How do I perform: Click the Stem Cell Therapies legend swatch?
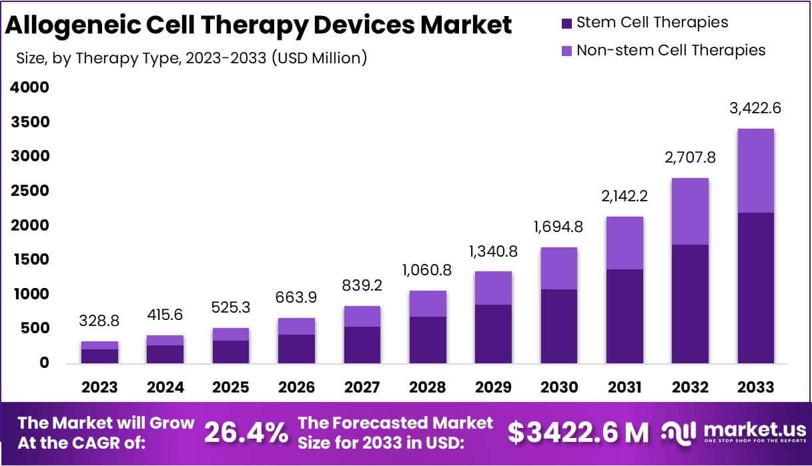pyautogui.click(x=566, y=23)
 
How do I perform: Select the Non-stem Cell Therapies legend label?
pyautogui.click(x=671, y=50)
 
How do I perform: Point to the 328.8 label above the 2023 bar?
pyautogui.click(x=100, y=321)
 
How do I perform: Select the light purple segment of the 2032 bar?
pyautogui.click(x=690, y=211)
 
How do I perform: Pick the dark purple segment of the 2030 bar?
pyautogui.click(x=558, y=326)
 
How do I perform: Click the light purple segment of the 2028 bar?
pyautogui.click(x=428, y=303)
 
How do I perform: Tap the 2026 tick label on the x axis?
pyautogui.click(x=296, y=387)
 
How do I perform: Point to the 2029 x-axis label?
pyautogui.click(x=493, y=387)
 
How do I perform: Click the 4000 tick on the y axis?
pyautogui.click(x=30, y=87)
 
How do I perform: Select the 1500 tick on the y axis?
pyautogui.click(x=30, y=259)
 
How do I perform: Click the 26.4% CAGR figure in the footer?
pyautogui.click(x=245, y=433)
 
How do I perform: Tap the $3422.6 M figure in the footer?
pyautogui.click(x=578, y=433)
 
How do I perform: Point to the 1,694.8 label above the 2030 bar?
pyautogui.click(x=558, y=227)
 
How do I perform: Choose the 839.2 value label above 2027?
pyautogui.click(x=362, y=285)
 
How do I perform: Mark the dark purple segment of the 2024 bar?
pyautogui.click(x=165, y=354)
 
